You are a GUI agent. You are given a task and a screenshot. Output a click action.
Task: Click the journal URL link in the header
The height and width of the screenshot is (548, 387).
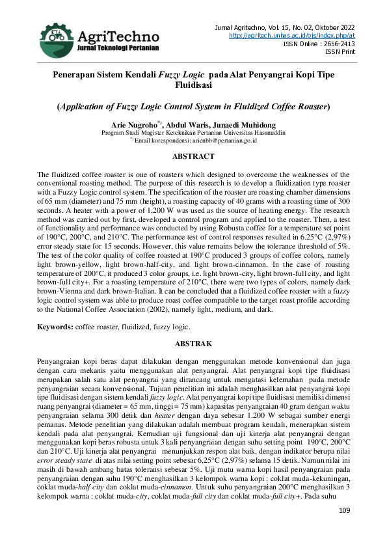pyautogui.click(x=292, y=35)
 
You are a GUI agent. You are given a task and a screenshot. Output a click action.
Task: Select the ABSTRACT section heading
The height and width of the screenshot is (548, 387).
pyautogui.click(x=193, y=156)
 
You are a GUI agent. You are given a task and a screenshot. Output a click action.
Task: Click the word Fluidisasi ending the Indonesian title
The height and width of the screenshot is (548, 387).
pyautogui.click(x=193, y=85)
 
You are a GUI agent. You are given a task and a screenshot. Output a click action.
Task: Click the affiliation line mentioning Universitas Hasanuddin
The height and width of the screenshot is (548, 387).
pyautogui.click(x=193, y=131)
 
